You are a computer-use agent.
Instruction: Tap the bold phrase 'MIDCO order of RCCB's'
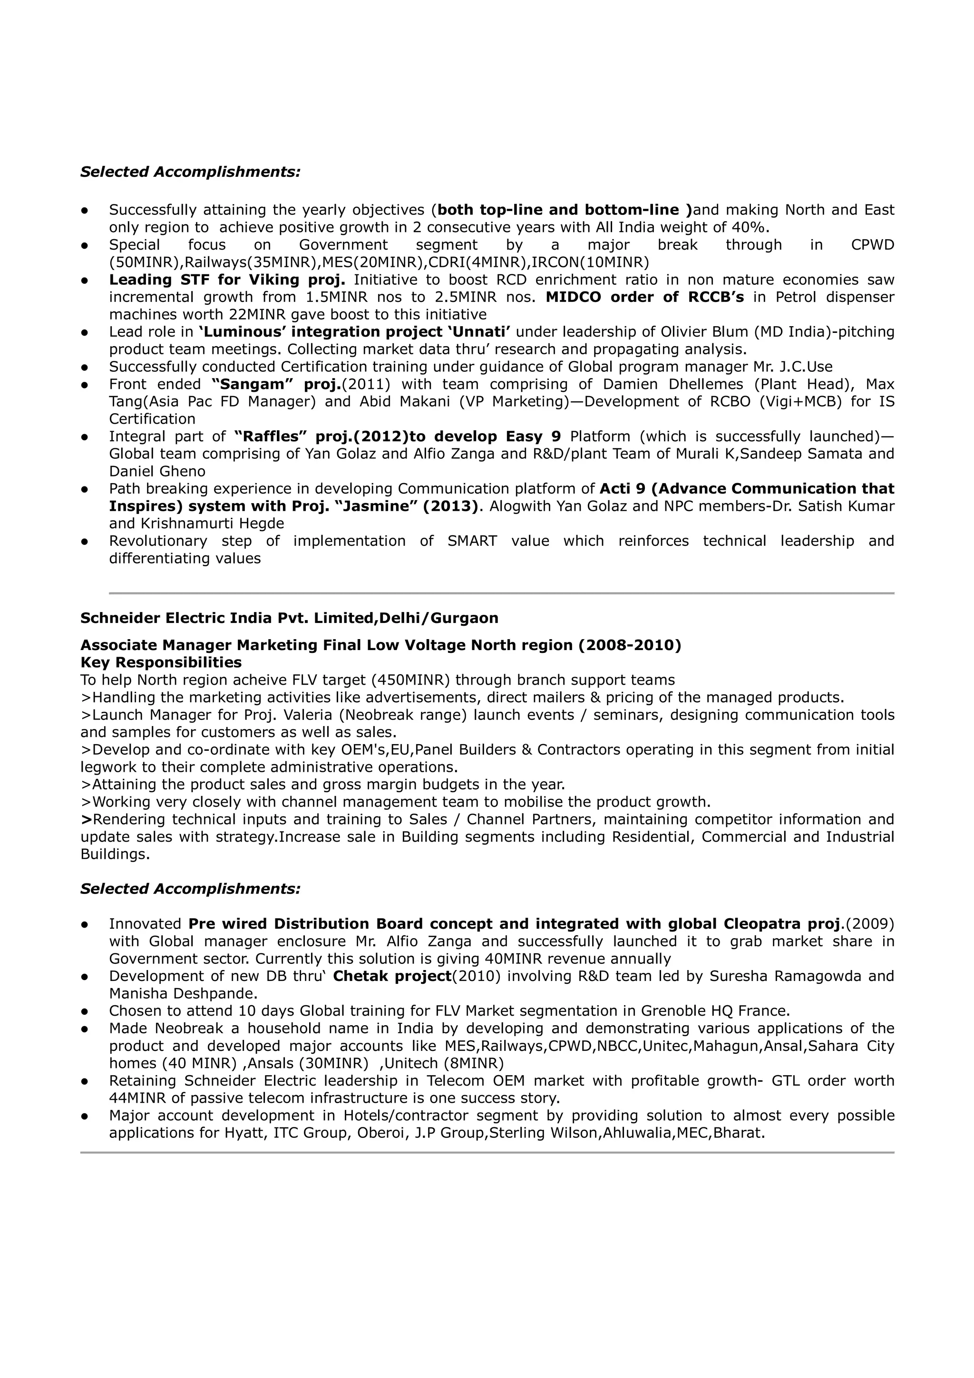tap(644, 297)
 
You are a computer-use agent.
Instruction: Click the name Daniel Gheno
tap(157, 472)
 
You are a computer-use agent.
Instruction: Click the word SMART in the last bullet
tap(472, 541)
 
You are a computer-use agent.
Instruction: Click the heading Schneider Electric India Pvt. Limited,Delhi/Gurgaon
tap(289, 618)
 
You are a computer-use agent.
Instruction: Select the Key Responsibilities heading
tap(161, 662)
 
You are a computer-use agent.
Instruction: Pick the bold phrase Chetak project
tap(391, 977)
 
